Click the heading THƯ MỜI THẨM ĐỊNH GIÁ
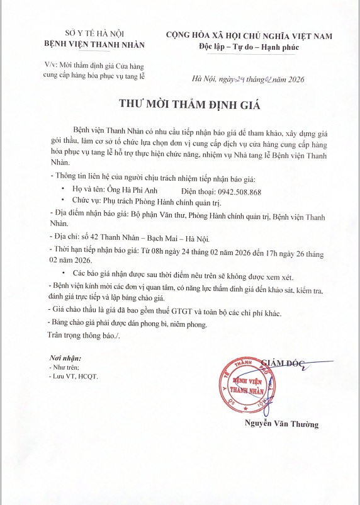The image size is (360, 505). coord(179,105)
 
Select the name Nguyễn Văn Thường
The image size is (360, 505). coord(281,424)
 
